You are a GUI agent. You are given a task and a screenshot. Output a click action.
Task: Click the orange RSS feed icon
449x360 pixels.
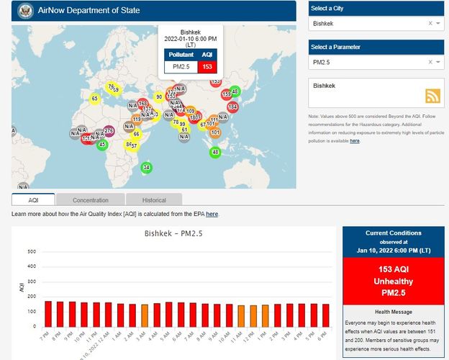[432, 96]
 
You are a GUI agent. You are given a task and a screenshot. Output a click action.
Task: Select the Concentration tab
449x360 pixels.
[91, 200]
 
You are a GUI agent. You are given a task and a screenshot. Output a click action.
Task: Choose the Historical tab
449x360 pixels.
[154, 200]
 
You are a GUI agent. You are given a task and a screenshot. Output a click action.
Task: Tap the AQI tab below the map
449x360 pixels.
[33, 200]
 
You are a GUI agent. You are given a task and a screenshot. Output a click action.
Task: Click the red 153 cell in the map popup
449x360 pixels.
[207, 67]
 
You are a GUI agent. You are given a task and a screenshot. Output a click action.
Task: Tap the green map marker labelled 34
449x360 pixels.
[147, 168]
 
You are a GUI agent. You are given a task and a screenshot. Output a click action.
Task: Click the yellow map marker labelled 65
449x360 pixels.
[94, 98]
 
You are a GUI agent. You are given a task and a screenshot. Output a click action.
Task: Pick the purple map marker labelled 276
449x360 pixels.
[109, 131]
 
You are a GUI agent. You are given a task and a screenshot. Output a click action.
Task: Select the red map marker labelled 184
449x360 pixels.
[232, 107]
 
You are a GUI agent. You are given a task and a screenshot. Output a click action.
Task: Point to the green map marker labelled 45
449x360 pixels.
[102, 145]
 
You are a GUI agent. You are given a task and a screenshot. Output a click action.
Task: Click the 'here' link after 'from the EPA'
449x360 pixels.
[212, 214]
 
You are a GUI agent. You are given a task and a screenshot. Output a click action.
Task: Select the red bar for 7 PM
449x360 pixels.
[48, 313]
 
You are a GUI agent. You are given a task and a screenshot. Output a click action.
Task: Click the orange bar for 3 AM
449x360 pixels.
[144, 315]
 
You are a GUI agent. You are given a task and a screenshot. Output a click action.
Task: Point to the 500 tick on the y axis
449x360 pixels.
[32, 252]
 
